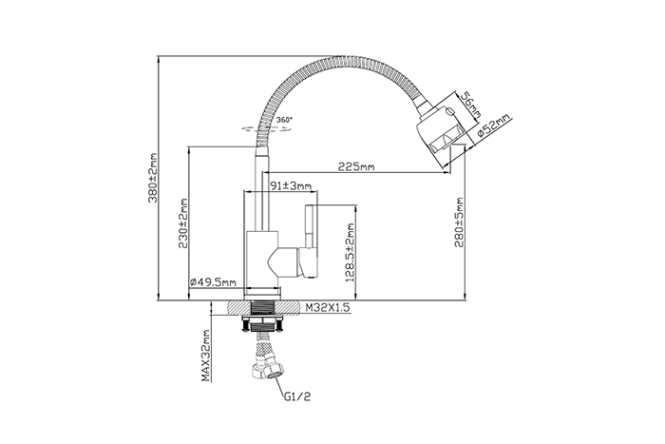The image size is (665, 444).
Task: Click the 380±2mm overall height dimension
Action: coord(153,178)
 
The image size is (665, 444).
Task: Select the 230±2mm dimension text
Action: coord(182,223)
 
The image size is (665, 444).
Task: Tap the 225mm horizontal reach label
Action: coord(356,166)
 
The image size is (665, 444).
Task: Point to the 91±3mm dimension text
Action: coord(291,186)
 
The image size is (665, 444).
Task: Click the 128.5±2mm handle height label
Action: coord(350,253)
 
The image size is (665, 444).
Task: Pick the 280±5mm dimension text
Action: coord(460,222)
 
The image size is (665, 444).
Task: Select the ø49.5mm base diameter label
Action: coord(213,281)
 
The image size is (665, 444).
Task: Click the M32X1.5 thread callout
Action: coord(328,308)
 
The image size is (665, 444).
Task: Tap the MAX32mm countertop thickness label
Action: coord(206,356)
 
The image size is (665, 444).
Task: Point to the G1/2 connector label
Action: coord(297,396)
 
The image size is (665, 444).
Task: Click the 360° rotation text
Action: coord(284,120)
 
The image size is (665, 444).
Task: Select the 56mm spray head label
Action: coord(471,106)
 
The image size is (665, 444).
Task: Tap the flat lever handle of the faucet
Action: coord(309,241)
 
